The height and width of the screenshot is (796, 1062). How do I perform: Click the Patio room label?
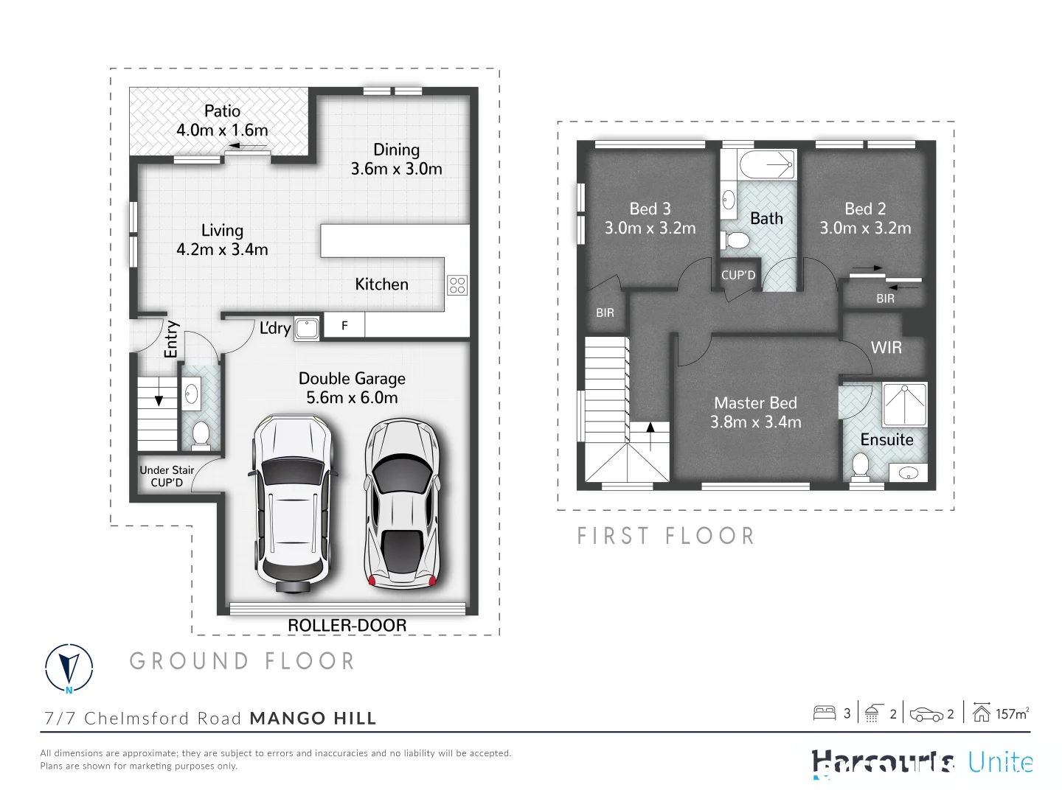[x=222, y=111]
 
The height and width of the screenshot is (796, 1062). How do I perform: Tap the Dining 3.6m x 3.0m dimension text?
[x=396, y=169]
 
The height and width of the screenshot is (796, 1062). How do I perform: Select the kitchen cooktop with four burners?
[x=457, y=284]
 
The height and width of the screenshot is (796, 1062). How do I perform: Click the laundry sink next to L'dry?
[x=306, y=328]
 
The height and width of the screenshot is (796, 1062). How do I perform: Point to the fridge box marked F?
[x=344, y=326]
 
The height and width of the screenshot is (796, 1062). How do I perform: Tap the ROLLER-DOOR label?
[x=347, y=625]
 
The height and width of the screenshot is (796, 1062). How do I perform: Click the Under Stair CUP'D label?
[x=167, y=476]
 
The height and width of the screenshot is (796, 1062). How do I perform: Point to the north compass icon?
[x=69, y=668]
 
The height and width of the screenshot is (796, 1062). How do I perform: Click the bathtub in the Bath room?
[x=767, y=164]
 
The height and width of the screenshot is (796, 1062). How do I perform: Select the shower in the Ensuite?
[x=904, y=405]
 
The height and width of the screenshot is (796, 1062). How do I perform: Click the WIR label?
[x=886, y=348]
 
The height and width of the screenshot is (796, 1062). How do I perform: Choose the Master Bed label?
[x=755, y=403]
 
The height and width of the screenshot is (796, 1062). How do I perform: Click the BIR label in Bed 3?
[x=605, y=313]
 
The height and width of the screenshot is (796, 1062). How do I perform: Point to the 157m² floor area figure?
[x=1011, y=713]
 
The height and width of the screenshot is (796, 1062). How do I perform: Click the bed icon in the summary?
[x=824, y=713]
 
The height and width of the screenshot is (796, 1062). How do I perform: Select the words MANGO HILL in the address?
[x=313, y=718]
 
